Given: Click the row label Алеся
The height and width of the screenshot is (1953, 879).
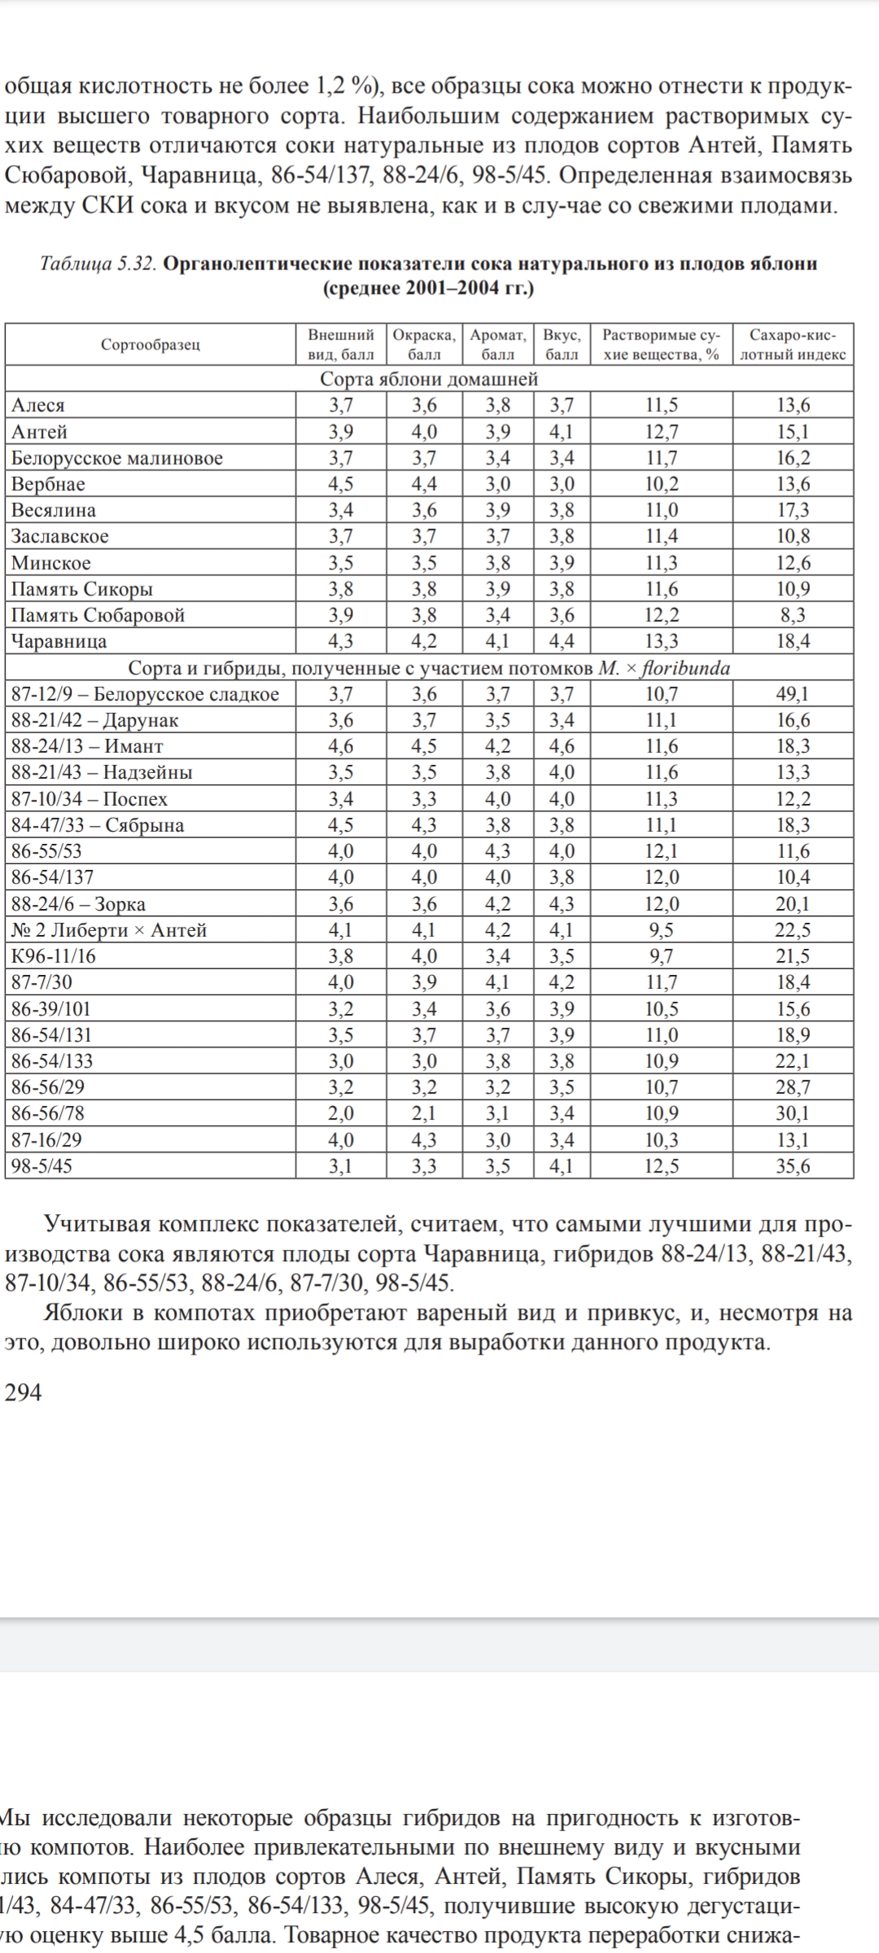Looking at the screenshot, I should [37, 405].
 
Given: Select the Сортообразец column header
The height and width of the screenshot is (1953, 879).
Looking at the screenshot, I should [151, 344].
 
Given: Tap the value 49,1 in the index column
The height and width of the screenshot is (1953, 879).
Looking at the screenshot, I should [793, 694].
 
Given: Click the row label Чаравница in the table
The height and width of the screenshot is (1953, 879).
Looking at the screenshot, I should [59, 641].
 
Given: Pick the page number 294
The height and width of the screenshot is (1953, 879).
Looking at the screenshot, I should [23, 1392].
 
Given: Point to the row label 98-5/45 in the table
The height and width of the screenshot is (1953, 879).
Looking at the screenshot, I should [42, 1166].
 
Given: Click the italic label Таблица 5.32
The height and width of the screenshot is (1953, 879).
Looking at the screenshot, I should [98, 264].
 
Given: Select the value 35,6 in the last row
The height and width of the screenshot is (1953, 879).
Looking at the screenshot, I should [793, 1166].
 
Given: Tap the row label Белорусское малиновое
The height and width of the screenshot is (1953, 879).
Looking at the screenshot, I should [116, 458].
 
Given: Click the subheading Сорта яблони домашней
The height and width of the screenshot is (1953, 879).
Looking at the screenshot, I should [429, 378].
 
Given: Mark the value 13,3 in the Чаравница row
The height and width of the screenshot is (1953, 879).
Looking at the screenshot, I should [662, 641].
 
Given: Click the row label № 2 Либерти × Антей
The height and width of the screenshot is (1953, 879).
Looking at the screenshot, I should [109, 930].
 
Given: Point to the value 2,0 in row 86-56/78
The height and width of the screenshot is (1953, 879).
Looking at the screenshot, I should [340, 1113].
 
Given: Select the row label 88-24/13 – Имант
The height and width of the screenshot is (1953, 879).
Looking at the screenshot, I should [87, 746].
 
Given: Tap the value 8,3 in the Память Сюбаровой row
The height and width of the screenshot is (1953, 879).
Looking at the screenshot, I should [793, 615].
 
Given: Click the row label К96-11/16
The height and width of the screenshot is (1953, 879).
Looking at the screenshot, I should [54, 956].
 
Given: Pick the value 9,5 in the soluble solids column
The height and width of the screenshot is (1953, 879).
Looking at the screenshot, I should [662, 930].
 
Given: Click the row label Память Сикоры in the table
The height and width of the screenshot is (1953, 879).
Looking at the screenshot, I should [81, 589].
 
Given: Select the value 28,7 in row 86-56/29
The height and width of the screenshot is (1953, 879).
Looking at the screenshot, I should [793, 1087].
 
